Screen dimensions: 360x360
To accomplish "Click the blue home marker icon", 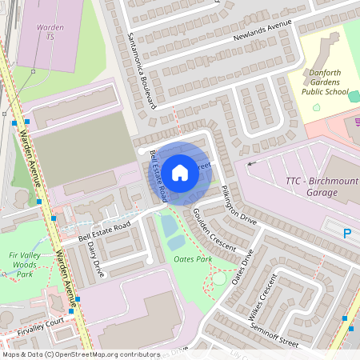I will pos(180,172).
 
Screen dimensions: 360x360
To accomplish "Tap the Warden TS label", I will pos(50,32).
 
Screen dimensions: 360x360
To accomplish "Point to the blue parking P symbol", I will pos(347,234).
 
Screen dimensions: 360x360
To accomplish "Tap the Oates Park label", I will pos(192,259).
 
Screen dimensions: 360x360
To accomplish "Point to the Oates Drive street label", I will pos(242,266).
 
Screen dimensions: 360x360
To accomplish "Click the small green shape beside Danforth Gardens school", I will pos(316,106).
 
